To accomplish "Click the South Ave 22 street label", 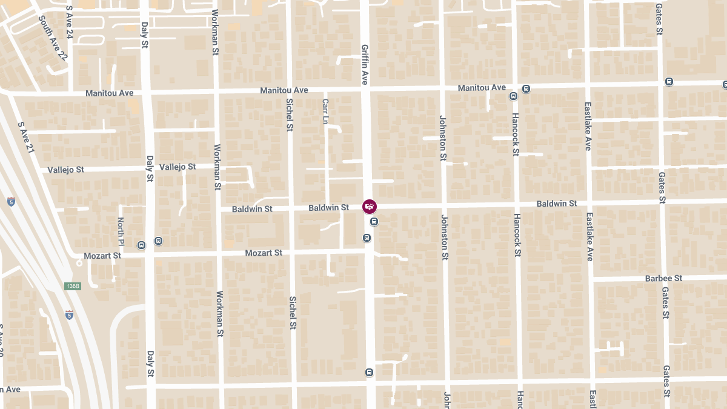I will pos(53,38).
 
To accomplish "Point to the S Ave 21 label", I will pos(26,136).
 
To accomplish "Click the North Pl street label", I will pos(121,231).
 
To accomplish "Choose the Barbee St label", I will pos(663,278).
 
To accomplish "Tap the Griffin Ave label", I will pos(365,64).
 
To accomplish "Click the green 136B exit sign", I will pos(72,285).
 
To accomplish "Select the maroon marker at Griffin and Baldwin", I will pos(369,207).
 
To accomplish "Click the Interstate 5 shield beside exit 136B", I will pos(70,314).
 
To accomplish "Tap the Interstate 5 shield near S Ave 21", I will pos(12,202).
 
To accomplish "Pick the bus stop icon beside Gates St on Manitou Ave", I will pos(669,82).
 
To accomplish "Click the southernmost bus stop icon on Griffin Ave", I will pos(369,372).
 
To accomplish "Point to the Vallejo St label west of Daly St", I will pos(65,170).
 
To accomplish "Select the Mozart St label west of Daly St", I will pos(102,256).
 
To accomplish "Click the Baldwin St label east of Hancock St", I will pos(556,204).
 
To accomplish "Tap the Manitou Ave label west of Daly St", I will pos(109,93).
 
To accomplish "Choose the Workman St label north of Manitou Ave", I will pos(215,33).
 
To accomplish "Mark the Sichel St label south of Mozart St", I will pos(293,313).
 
